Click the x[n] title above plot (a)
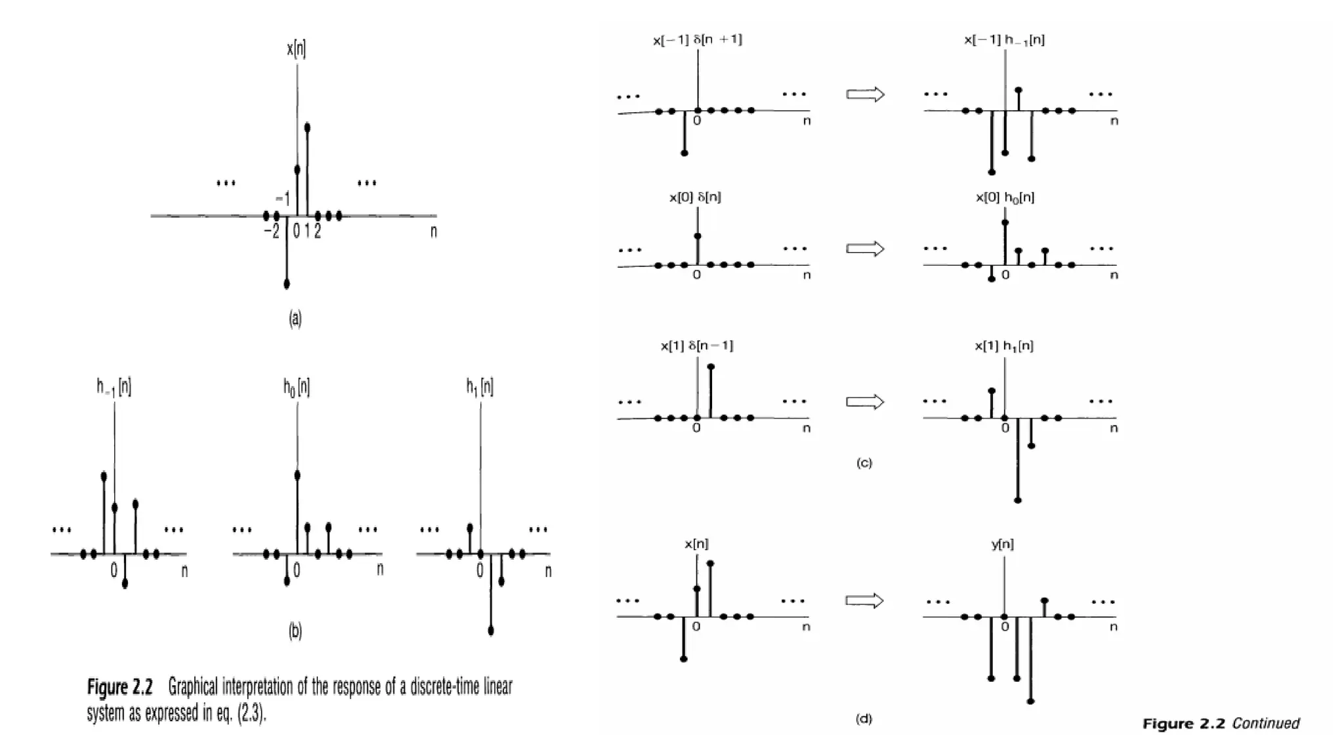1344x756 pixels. (x=296, y=49)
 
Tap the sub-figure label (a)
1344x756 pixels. (x=295, y=319)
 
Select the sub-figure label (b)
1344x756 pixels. (x=295, y=631)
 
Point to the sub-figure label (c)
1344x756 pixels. (x=864, y=463)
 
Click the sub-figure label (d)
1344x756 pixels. (x=864, y=719)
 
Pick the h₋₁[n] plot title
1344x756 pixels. (x=114, y=387)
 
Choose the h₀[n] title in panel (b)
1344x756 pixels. (x=297, y=387)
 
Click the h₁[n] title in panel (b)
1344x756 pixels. (x=480, y=387)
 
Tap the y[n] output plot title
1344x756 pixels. (x=1002, y=544)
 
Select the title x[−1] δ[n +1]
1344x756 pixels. (x=697, y=40)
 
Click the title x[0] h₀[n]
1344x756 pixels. (x=1005, y=198)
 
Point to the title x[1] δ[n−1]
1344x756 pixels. (x=696, y=346)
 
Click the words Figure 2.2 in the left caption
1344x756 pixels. (x=119, y=688)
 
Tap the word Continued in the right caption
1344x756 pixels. (x=1265, y=724)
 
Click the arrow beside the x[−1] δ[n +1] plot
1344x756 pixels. (x=866, y=94)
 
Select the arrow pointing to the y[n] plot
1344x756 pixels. (x=864, y=600)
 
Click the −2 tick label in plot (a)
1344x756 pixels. (x=271, y=231)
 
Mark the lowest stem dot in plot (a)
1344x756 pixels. (x=287, y=284)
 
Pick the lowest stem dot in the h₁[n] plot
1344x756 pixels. (x=491, y=631)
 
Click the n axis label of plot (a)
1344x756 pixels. (x=433, y=231)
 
